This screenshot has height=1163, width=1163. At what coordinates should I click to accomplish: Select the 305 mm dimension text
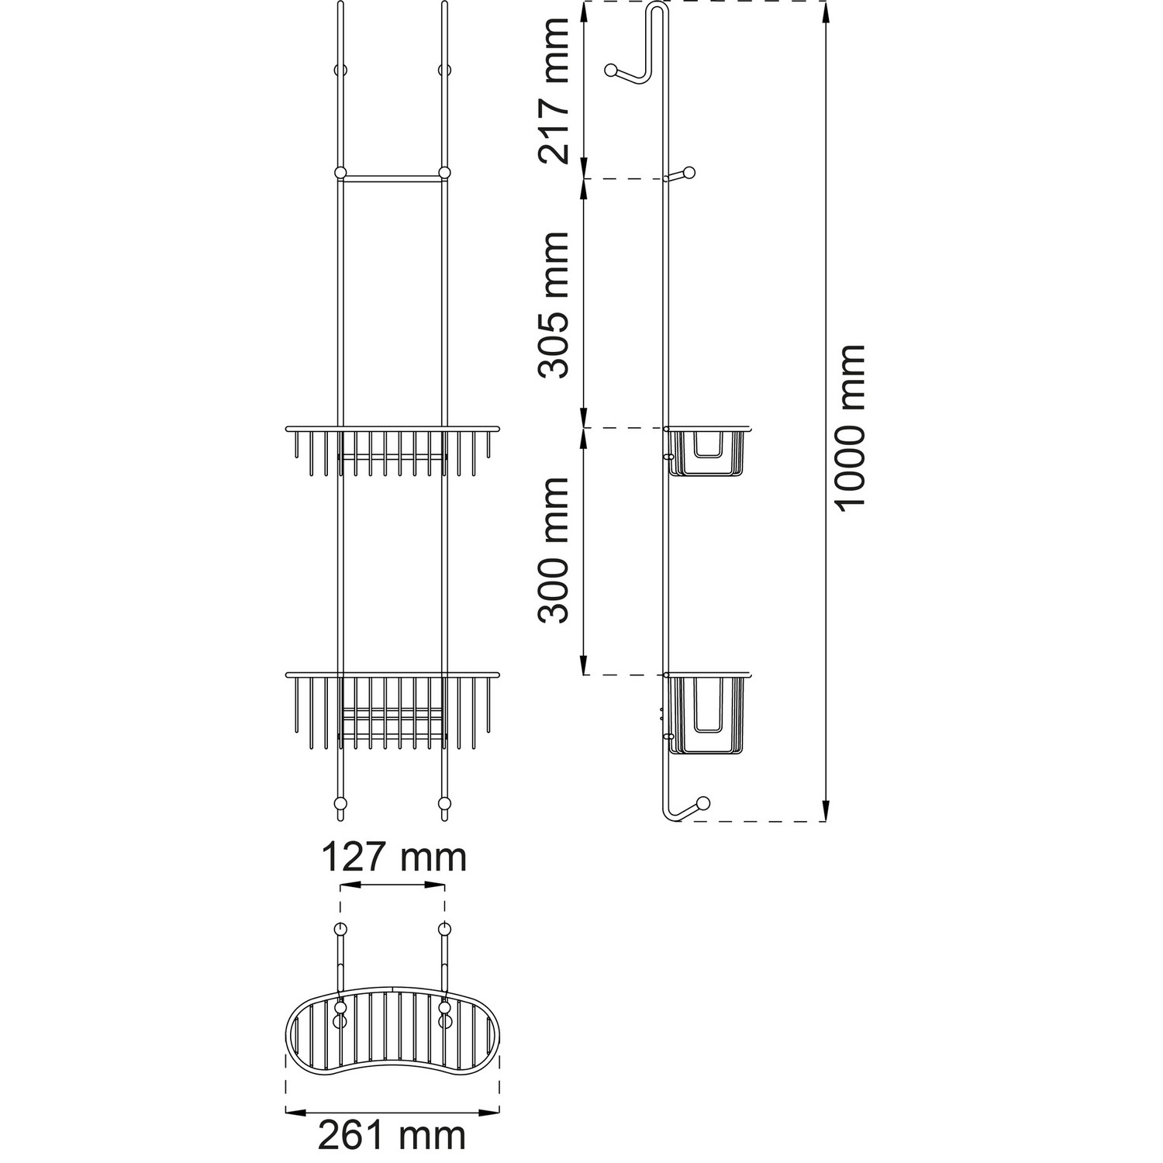click(555, 305)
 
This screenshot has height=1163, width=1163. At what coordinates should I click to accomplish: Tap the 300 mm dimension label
click(555, 550)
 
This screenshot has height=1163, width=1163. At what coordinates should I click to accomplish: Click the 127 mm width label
click(394, 858)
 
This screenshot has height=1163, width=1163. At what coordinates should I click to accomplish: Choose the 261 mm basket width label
click(392, 1136)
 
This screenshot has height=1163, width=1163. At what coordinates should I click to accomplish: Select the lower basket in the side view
click(709, 713)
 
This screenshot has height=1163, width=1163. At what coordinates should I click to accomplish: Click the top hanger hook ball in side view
click(612, 71)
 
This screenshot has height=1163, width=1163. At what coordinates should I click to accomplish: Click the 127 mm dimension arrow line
click(392, 886)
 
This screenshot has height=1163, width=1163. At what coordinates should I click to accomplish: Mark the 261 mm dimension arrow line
click(392, 1112)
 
